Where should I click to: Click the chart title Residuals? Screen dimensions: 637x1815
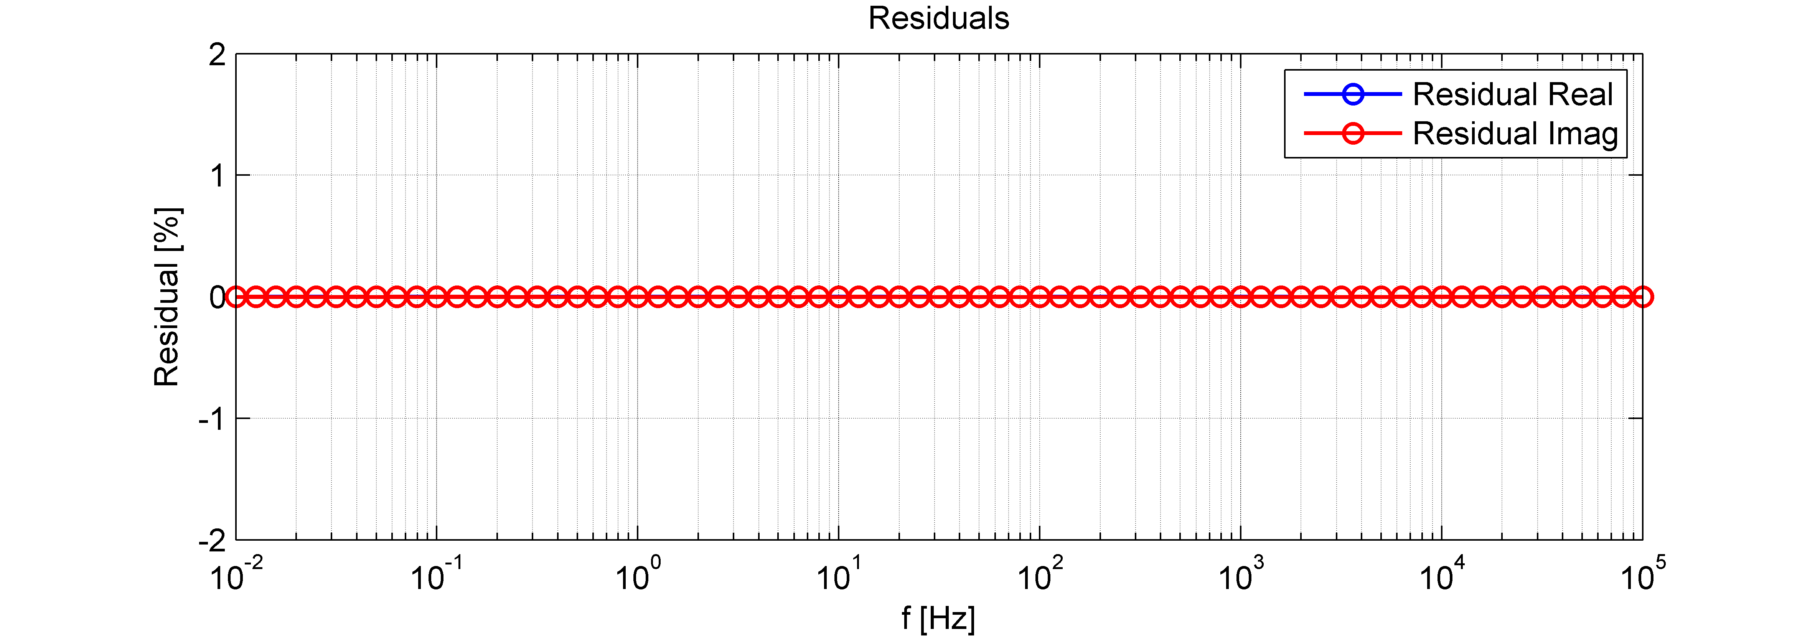(x=938, y=18)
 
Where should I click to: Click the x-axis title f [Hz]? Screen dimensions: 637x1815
(x=938, y=619)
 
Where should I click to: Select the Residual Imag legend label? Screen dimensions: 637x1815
(x=1515, y=134)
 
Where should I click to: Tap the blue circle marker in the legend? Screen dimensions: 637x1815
(x=1353, y=94)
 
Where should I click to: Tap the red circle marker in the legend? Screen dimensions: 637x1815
(x=1353, y=134)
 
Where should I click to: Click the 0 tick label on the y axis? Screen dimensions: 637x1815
(x=217, y=297)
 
